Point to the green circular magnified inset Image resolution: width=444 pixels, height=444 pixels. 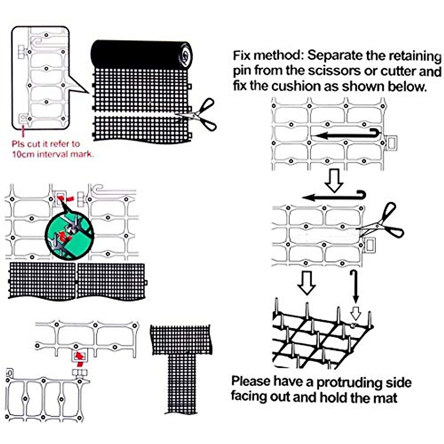[x=70, y=235]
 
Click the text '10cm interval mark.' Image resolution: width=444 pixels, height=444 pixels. [x=53, y=154]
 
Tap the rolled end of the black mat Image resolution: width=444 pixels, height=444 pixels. [x=185, y=55]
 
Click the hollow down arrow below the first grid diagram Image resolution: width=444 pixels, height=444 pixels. [x=334, y=181]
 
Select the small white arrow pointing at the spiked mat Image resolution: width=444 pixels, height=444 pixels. [x=355, y=313]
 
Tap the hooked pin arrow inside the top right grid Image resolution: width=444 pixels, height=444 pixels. [x=348, y=135]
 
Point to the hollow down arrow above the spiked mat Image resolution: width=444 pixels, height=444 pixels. [x=307, y=283]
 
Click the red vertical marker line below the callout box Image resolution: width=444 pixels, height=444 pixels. [x=24, y=131]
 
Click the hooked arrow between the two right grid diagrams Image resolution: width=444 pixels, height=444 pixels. [x=335, y=196]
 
